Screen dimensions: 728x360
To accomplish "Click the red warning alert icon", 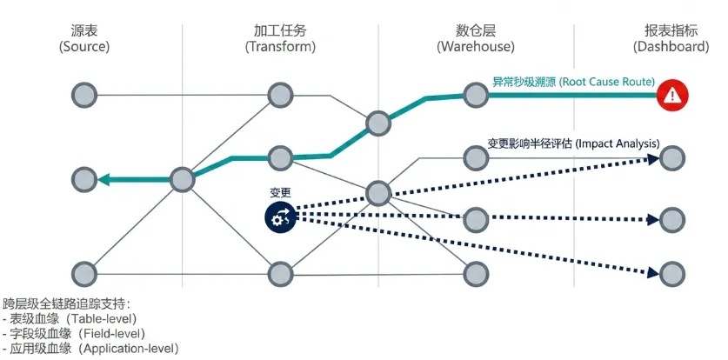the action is click(672, 96).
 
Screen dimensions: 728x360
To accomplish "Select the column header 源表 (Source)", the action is click(84, 39).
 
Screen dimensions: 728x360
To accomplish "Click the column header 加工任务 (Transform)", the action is click(280, 39).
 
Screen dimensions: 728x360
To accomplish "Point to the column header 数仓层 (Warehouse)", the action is click(476, 39).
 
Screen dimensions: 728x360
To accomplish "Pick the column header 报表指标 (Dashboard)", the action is click(671, 39).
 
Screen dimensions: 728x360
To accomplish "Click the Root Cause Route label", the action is click(573, 82).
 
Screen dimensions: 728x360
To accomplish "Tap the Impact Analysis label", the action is click(573, 143).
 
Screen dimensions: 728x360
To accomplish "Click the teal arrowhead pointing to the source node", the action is click(104, 179).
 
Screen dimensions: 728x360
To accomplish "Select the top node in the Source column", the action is click(84, 95).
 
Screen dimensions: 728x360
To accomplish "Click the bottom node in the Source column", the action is click(84, 274).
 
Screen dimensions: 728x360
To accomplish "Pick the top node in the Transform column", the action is click(280, 95).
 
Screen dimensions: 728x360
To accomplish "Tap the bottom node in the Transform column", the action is click(280, 274).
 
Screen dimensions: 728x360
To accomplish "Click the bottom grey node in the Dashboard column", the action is click(672, 274).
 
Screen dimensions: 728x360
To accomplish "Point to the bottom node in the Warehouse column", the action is click(476, 274).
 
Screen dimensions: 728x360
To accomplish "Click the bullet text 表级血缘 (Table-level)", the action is click(70, 319).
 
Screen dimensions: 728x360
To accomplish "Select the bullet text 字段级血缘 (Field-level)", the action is click(73, 334).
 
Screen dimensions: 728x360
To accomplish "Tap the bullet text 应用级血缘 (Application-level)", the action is click(90, 348).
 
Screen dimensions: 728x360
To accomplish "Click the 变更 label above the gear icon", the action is click(280, 192).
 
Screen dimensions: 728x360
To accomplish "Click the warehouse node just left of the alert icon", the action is click(476, 95).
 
